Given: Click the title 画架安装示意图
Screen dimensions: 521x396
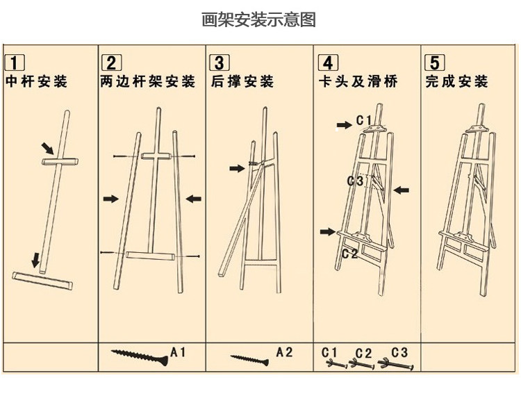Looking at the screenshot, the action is point(258,19).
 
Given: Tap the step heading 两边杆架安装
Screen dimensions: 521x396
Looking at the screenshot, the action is point(147,82).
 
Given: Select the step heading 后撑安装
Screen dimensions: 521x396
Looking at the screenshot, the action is point(242,82).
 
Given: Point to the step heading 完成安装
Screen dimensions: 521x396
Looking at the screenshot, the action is point(457,82).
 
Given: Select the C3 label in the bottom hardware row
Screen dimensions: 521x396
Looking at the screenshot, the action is point(399,352).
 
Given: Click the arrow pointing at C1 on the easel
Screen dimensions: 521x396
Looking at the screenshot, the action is point(345,124).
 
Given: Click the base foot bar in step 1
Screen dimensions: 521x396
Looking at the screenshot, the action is point(42,280).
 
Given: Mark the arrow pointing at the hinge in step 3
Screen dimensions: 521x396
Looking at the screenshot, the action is point(237,167).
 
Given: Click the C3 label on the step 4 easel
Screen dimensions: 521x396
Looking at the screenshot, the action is point(355,181).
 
